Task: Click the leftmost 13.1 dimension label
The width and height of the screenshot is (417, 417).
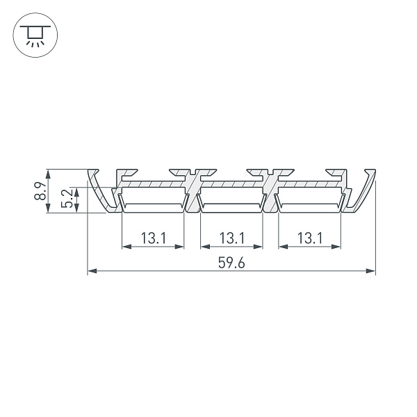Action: point(153,238)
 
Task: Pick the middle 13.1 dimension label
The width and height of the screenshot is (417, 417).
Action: point(231,238)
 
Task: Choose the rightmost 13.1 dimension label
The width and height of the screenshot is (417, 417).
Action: point(309,238)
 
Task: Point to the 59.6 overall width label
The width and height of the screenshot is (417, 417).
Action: point(231,264)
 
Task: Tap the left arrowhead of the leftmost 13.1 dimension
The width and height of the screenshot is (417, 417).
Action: point(126,246)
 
